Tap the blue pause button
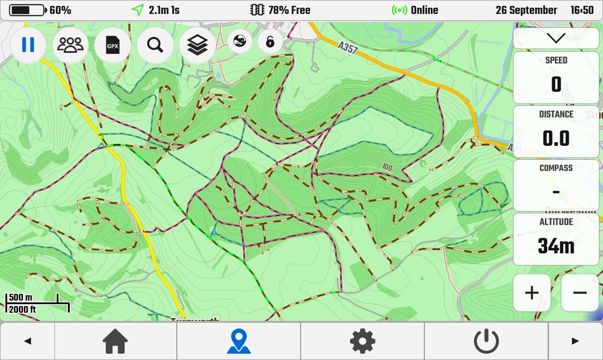point(28,45)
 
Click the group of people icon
point(71,45)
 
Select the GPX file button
point(112,45)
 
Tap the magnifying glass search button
point(155,45)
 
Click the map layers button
point(197,45)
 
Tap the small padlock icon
point(270,42)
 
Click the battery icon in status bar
point(27,10)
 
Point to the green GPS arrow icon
point(138,10)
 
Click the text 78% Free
point(289,10)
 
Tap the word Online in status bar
point(424,10)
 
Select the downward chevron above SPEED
point(556,38)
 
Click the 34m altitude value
point(556,246)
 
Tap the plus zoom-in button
point(532,293)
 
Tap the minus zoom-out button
point(580,293)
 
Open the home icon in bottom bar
point(116,341)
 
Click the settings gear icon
point(363,341)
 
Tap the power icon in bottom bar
point(486,341)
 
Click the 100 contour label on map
point(387,167)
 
